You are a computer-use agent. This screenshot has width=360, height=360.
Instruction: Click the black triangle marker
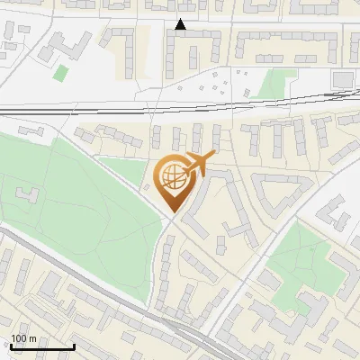(181, 24)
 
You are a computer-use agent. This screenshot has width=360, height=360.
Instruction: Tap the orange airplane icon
(200, 165)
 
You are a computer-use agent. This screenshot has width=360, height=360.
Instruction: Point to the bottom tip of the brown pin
(172, 212)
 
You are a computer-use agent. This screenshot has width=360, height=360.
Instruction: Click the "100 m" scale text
(23, 338)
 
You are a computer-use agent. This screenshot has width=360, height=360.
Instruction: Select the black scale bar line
(41, 346)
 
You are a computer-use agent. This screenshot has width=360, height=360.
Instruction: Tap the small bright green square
(61, 73)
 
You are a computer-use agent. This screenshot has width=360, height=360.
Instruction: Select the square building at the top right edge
(342, 80)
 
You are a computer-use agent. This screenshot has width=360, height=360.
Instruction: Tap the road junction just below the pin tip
(172, 220)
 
